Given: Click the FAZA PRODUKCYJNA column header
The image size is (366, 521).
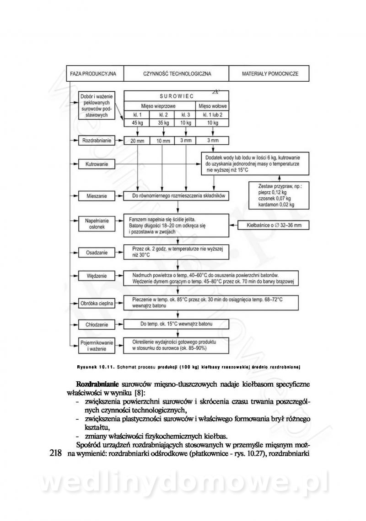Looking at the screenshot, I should tap(93, 73).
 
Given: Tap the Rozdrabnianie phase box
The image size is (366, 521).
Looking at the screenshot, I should tap(97, 141).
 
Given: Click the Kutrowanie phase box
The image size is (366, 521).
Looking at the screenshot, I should tap(97, 163).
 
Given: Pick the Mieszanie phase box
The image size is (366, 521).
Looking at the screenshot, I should tap(97, 196).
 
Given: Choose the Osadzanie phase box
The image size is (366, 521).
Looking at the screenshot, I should tap(97, 252).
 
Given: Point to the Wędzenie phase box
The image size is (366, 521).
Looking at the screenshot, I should tap(97, 276).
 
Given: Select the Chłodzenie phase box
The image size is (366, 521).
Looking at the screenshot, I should tap(97, 325).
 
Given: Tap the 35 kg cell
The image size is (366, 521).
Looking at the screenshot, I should tap(163, 123).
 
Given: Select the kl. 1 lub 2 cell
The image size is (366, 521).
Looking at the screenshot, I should tap(212, 114).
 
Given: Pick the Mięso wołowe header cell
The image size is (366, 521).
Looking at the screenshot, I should tap(212, 105).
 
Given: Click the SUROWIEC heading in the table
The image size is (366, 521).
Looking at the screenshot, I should tap(177, 96).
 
